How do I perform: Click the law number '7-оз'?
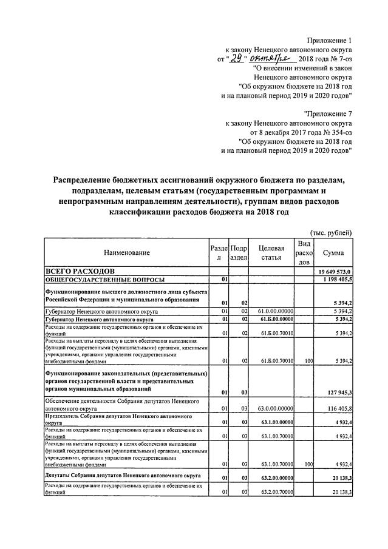click(342, 58)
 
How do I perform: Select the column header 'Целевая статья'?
click(271, 252)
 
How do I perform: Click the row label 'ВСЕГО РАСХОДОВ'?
click(77, 271)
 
